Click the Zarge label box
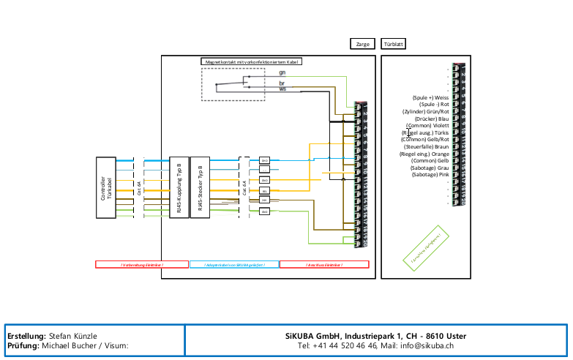(x=362, y=44)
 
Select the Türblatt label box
(x=394, y=44)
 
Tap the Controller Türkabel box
(x=108, y=187)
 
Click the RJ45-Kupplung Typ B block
(x=179, y=187)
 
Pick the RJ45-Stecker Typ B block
(x=201, y=187)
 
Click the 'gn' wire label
(x=282, y=73)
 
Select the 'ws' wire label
(x=282, y=89)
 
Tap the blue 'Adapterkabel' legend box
(x=233, y=264)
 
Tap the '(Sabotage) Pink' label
(x=430, y=175)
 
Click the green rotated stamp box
(x=426, y=244)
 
